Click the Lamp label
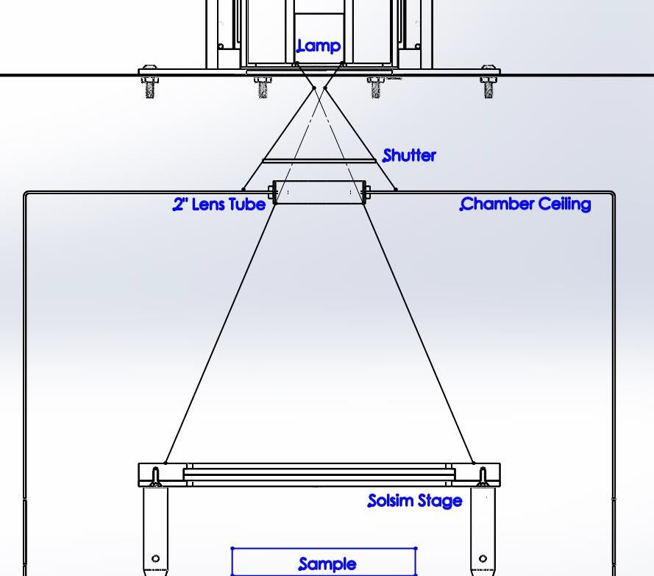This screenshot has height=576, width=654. pos(319,46)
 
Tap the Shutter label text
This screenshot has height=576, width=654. pos(410,156)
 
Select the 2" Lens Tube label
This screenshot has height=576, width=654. pos(219,205)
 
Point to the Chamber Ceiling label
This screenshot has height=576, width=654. pos(526,205)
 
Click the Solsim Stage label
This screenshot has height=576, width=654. pos(415,501)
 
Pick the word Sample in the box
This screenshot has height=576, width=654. pos(327,564)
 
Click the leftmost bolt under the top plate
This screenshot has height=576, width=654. pos(149,85)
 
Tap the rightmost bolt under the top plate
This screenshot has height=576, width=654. pos(488,85)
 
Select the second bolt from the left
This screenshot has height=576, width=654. pos(263,86)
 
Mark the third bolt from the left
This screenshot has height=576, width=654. pos(376,86)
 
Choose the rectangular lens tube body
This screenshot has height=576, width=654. pos(319,193)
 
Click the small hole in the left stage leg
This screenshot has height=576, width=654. pos(155,559)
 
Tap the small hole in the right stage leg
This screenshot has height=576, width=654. pos(483,559)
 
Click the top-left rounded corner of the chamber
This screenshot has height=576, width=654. pos(26,195)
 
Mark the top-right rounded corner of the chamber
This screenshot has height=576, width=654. pos(613,195)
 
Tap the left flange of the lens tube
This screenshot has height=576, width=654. pos(271,193)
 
